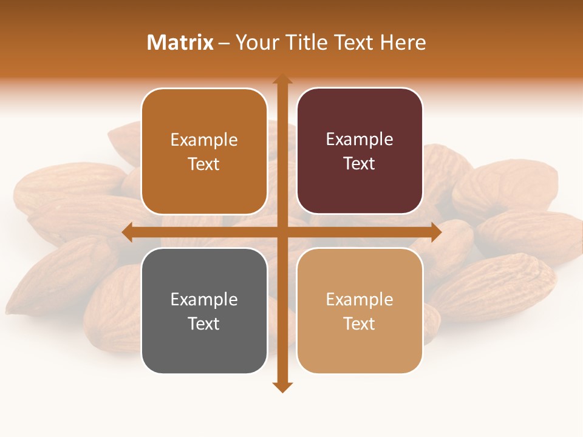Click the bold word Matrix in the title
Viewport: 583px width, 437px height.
180,42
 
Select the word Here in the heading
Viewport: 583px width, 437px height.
403,42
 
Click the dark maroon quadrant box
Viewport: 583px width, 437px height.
360,151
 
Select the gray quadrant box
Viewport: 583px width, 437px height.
204,311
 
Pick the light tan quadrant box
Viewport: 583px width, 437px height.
360,311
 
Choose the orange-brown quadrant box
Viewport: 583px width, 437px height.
204,151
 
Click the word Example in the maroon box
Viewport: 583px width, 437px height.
360,139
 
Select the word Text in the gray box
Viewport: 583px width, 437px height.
203,324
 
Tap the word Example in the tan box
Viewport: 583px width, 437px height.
360,299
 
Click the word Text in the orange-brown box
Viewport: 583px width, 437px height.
203,164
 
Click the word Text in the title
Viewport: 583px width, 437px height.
354,42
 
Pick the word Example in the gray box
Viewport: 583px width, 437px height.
204,299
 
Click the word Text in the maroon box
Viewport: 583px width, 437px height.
359,163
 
